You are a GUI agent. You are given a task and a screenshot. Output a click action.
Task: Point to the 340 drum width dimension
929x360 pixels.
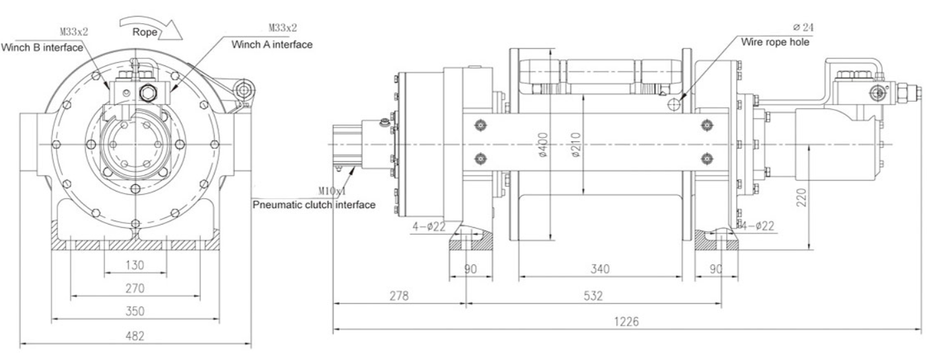pos(600,269)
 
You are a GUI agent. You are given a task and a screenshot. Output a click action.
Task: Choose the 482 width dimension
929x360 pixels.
pos(135,335)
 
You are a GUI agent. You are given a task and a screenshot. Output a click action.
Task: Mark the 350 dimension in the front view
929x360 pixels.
pos(135,310)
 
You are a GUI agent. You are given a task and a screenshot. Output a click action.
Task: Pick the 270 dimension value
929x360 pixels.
pos(135,288)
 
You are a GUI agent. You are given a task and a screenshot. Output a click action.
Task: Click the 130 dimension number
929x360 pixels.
pos(135,265)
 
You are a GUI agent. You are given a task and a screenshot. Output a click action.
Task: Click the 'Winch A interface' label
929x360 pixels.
pos(272,44)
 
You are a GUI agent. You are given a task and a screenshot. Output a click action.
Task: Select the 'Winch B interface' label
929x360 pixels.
pos(42,47)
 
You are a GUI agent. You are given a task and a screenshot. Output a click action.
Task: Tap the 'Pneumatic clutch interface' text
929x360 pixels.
pos(315,205)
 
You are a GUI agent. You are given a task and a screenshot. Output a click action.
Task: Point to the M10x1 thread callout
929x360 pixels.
pos(333,191)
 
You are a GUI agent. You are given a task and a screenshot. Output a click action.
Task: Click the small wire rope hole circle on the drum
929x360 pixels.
pos(673,104)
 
